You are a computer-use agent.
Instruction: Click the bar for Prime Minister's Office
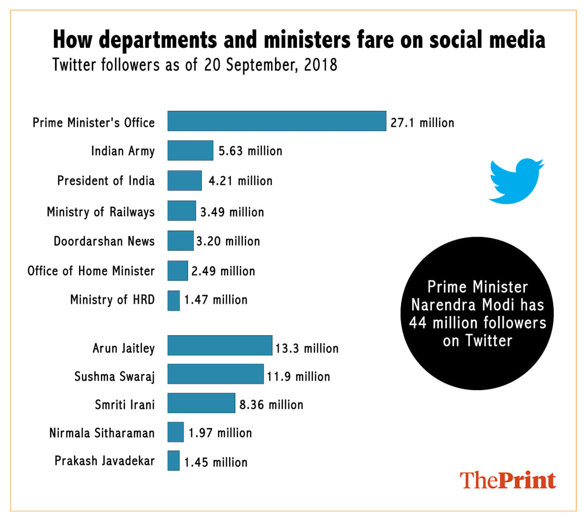tap(276, 121)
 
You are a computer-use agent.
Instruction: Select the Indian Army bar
tap(190, 150)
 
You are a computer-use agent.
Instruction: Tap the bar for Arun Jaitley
tap(220, 345)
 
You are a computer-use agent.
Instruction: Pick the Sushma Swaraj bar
tap(215, 374)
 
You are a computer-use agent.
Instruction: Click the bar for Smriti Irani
tap(201, 403)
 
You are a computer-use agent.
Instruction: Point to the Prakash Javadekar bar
tap(174, 461)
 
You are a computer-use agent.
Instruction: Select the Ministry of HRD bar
tap(174, 301)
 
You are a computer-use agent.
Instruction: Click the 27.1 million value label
tap(422, 123)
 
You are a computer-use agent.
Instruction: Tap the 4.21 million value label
tap(240, 181)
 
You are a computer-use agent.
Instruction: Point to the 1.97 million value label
tap(220, 433)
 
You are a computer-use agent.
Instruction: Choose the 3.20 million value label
tap(228, 241)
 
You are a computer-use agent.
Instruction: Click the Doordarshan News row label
tap(104, 241)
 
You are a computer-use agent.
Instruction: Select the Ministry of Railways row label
tap(100, 212)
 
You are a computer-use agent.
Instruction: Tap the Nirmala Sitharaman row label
tap(102, 433)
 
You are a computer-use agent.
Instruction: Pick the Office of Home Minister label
tap(91, 271)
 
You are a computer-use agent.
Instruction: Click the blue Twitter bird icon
tap(515, 180)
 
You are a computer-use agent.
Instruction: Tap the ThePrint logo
tap(507, 481)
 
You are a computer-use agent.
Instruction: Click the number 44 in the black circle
tap(418, 323)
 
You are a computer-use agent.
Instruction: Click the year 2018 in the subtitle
tap(320, 65)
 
